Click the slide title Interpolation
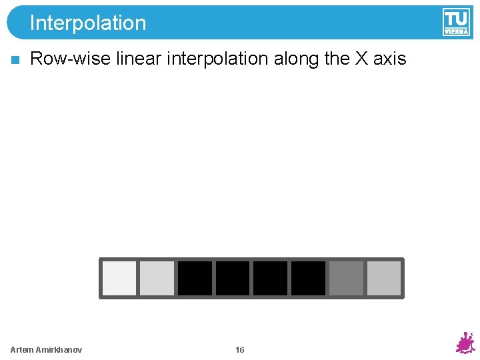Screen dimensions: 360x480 [87, 23]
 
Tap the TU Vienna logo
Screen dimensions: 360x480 [456, 22]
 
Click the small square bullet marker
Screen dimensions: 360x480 [15, 60]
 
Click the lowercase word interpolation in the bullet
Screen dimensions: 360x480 [217, 59]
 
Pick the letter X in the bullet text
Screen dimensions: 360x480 [361, 59]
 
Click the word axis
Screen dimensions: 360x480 [389, 59]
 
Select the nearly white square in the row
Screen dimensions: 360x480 [119, 278]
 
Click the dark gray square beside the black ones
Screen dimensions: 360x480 [346, 278]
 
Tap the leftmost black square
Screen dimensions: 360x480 [195, 278]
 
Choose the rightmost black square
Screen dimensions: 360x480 [308, 278]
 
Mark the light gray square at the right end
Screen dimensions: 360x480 [384, 278]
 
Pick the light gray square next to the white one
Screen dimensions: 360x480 [157, 278]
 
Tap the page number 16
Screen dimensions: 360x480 [240, 350]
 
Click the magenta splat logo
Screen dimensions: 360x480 [465, 343]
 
